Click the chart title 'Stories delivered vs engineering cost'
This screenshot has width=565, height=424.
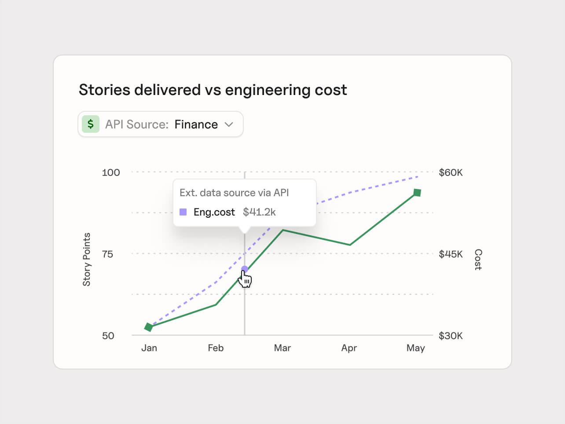tap(213, 90)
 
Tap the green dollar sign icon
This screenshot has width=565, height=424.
tap(91, 124)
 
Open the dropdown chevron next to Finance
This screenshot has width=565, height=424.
tap(229, 124)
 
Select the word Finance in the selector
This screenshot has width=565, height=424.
tap(196, 124)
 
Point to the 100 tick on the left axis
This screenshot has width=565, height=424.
tap(110, 172)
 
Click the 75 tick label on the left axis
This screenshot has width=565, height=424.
tap(107, 254)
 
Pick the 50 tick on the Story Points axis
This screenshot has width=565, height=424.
tap(108, 336)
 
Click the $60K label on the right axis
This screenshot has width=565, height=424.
tap(451, 172)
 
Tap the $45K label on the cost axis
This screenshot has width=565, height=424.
tap(451, 254)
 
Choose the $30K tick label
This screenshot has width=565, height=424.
tap(451, 336)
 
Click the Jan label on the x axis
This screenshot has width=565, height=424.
tap(149, 348)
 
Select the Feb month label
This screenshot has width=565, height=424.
tap(216, 348)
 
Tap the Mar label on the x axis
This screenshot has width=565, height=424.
tap(282, 348)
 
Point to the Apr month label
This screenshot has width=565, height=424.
tap(349, 348)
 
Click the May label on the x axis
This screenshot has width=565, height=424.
tap(415, 348)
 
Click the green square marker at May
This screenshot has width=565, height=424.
tap(417, 193)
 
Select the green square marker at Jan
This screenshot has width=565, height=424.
tap(149, 327)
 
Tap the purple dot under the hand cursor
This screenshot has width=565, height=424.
tap(245, 269)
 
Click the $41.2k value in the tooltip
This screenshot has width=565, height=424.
tap(259, 212)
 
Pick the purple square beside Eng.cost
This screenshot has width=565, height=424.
tap(183, 212)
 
